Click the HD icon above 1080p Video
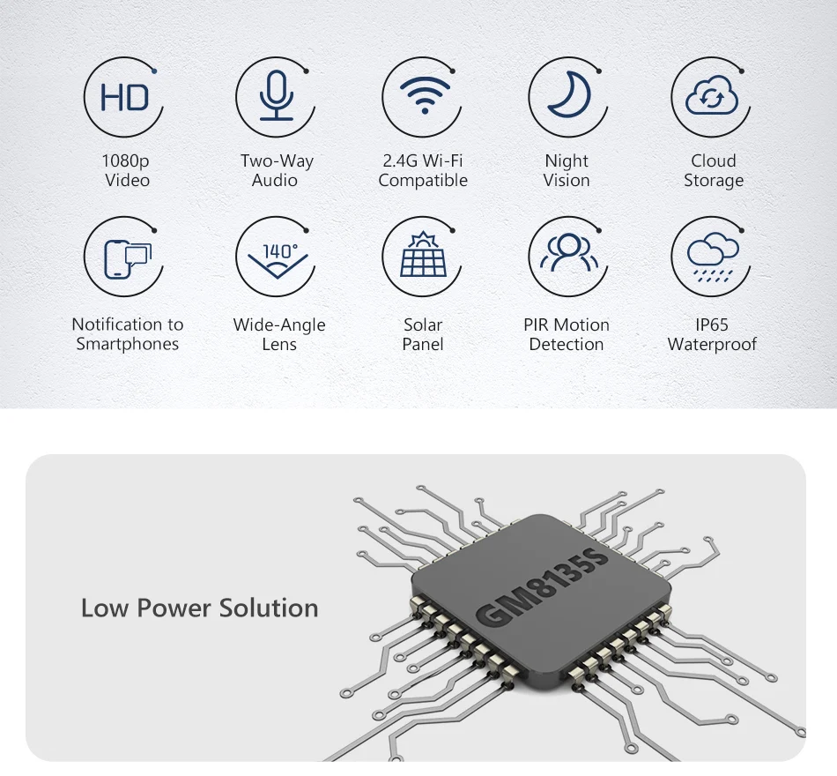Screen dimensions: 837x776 [125, 98]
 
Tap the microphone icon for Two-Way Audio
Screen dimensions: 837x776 [276, 98]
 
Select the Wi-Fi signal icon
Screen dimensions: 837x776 [423, 96]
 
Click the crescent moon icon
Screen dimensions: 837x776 [567, 96]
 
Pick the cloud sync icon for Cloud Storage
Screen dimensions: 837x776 [712, 97]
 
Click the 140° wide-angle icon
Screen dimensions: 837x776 [276, 257]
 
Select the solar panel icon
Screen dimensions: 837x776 [423, 257]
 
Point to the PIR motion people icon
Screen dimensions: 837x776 [567, 256]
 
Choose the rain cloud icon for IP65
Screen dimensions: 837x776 [712, 257]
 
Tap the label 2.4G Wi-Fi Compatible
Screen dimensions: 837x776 [423, 170]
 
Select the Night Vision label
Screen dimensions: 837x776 [567, 170]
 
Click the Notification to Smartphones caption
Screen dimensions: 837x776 [127, 334]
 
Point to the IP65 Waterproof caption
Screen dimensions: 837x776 [712, 334]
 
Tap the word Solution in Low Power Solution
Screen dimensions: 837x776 [269, 608]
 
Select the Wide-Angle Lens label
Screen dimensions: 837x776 [278, 334]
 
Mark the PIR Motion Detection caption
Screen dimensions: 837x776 [567, 334]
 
